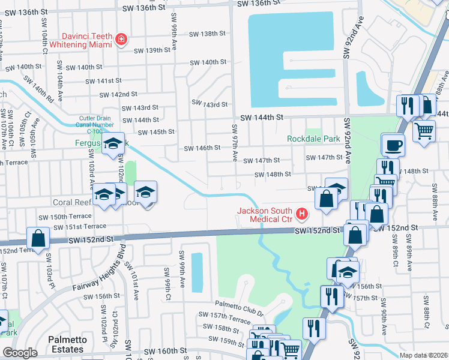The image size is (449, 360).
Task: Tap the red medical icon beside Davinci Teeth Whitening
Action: [x=122, y=39]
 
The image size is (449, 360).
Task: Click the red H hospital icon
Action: [x=302, y=213]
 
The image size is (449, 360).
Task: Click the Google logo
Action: [x=20, y=353]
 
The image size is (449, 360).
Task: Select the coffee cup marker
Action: [x=393, y=145]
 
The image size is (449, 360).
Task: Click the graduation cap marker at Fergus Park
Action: [x=112, y=144]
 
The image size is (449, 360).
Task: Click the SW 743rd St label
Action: [x=209, y=104]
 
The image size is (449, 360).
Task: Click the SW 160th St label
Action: [x=161, y=350]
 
